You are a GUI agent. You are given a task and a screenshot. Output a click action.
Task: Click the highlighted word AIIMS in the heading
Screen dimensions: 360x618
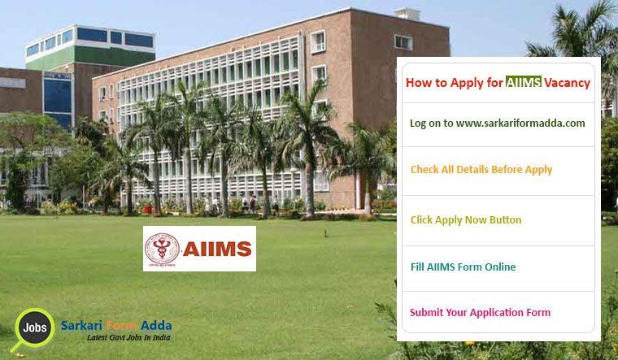[x=524, y=82]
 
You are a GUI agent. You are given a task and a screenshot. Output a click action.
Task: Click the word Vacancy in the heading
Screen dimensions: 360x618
[x=568, y=82]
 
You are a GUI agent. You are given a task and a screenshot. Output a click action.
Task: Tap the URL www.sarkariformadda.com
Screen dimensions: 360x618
[x=520, y=124]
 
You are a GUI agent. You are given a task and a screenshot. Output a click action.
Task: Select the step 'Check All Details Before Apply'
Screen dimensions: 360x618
[x=481, y=170]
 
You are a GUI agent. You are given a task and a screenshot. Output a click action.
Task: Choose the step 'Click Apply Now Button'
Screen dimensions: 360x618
[x=466, y=220]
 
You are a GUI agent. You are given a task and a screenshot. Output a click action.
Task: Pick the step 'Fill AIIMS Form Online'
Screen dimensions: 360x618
[x=463, y=267]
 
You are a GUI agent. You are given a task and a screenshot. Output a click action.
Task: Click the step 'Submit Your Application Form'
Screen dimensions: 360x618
[x=480, y=312]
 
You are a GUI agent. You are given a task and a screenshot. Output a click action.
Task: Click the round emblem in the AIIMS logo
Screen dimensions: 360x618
[x=160, y=249]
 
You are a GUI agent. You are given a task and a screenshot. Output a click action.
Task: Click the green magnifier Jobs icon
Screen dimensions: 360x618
[x=33, y=327]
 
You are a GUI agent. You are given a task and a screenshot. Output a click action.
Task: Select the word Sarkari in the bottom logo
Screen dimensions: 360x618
[x=81, y=326]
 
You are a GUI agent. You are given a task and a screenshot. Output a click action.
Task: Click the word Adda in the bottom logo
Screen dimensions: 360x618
[x=156, y=326]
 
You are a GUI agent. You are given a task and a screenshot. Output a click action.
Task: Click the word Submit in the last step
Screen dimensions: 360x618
[x=427, y=312]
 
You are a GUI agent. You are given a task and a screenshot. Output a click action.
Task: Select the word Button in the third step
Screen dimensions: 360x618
[x=504, y=220]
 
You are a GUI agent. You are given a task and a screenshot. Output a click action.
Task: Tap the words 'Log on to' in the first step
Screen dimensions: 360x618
[x=431, y=124]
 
